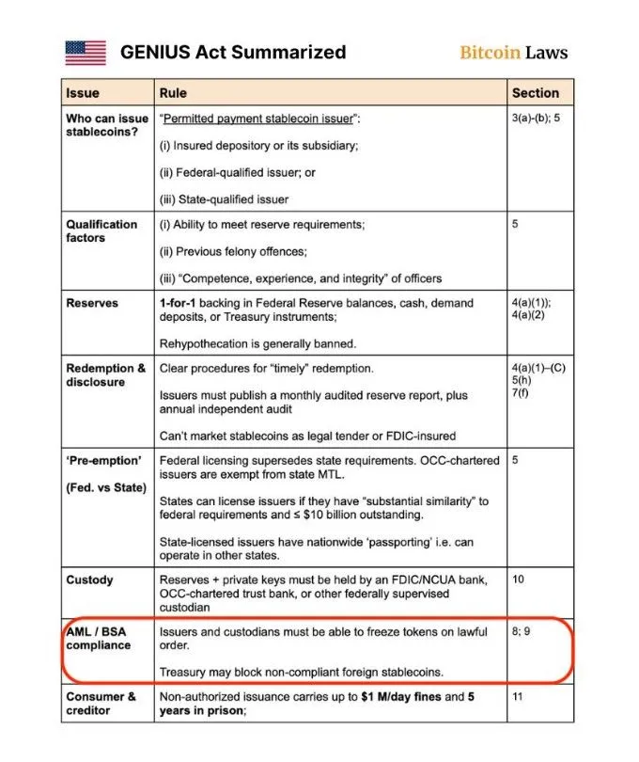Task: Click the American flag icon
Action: pyautogui.click(x=86, y=53)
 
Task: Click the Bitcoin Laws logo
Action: pyautogui.click(x=513, y=53)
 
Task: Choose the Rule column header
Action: pyautogui.click(x=174, y=93)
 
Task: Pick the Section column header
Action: pyautogui.click(x=536, y=93)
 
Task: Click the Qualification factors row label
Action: pyautogui.click(x=101, y=231)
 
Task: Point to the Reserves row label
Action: pyautogui.click(x=92, y=304)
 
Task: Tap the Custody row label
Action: pyautogui.click(x=89, y=580)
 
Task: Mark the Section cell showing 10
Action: pyautogui.click(x=519, y=580)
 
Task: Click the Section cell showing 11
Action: pyautogui.click(x=518, y=697)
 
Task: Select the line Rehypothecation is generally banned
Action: pyautogui.click(x=257, y=343)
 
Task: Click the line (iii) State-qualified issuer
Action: pyautogui.click(x=224, y=198)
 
